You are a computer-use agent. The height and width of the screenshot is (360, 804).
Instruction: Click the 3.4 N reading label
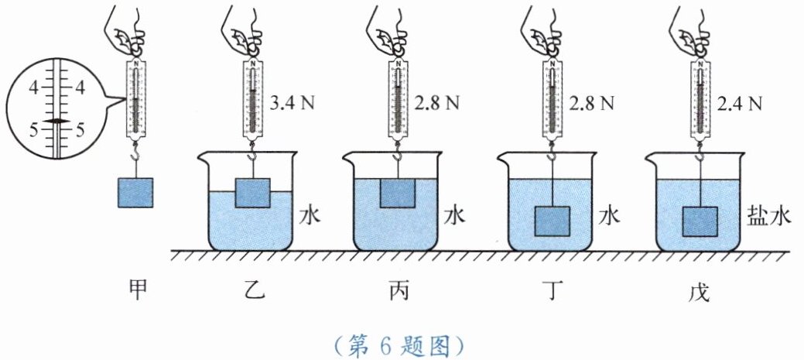(x=292, y=101)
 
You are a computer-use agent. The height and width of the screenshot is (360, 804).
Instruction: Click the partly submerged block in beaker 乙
(x=252, y=193)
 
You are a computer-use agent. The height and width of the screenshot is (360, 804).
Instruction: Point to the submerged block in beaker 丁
(x=553, y=221)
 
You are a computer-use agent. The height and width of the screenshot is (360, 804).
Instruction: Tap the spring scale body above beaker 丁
(x=552, y=99)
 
